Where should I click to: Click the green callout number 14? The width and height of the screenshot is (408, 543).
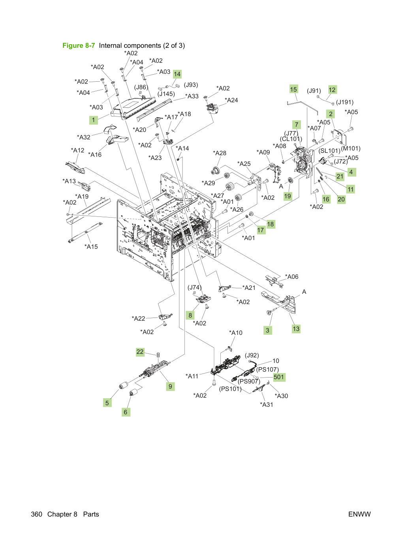[x=177, y=74]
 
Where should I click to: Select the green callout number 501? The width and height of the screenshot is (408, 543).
[x=278, y=377]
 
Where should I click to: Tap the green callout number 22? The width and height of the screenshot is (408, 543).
[x=140, y=351]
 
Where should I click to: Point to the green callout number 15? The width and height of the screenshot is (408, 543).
[x=293, y=89]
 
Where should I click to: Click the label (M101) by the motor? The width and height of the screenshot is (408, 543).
[x=351, y=148]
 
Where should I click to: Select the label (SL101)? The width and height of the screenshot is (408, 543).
[x=329, y=150]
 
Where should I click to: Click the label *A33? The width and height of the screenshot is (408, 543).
[x=192, y=96]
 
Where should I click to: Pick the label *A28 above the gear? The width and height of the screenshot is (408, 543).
[x=220, y=153]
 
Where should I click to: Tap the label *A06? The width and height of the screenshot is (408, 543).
[x=292, y=276]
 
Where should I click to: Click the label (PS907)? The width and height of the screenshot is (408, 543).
[x=249, y=381]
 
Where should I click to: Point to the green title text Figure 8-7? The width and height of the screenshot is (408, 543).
[x=79, y=45]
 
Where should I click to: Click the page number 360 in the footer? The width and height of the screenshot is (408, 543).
[x=37, y=514]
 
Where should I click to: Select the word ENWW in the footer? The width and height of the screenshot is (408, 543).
[x=359, y=514]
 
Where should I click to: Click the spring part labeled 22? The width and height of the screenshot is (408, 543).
[x=158, y=355]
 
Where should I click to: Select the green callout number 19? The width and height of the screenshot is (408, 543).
[x=288, y=196]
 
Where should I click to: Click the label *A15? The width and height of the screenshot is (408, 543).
[x=91, y=247]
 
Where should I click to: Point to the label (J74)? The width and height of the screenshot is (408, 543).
[x=194, y=287]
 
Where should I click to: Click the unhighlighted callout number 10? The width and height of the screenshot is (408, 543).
[x=276, y=361]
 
